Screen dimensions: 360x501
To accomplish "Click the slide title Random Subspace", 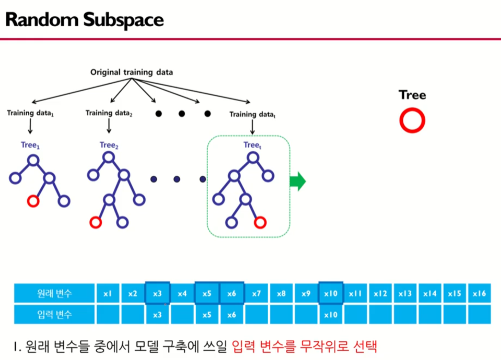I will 84,20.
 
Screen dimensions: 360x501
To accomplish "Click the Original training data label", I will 132,72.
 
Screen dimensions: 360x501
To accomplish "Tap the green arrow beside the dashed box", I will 297,182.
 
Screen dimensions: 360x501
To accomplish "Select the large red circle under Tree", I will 412,121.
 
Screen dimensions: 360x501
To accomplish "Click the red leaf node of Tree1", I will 33,200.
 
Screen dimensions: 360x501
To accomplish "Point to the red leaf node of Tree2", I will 95,223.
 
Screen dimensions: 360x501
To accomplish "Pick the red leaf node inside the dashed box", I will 259,223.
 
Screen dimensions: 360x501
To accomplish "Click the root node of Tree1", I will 33,160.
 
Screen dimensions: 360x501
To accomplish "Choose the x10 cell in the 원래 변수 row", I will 331,294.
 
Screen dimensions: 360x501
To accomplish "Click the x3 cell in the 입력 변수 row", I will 157,315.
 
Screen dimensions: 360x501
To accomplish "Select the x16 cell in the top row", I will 479,294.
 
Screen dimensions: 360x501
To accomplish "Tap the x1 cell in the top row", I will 108,294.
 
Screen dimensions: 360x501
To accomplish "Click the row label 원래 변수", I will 55,294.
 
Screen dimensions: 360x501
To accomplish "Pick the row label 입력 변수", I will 55,315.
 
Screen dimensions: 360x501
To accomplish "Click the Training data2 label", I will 109,113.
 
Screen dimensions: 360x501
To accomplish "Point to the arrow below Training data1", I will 30,126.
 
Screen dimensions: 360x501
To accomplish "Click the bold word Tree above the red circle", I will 412,95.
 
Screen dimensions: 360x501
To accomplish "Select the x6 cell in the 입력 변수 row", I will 232,315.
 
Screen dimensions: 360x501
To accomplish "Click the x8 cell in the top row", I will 281,294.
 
